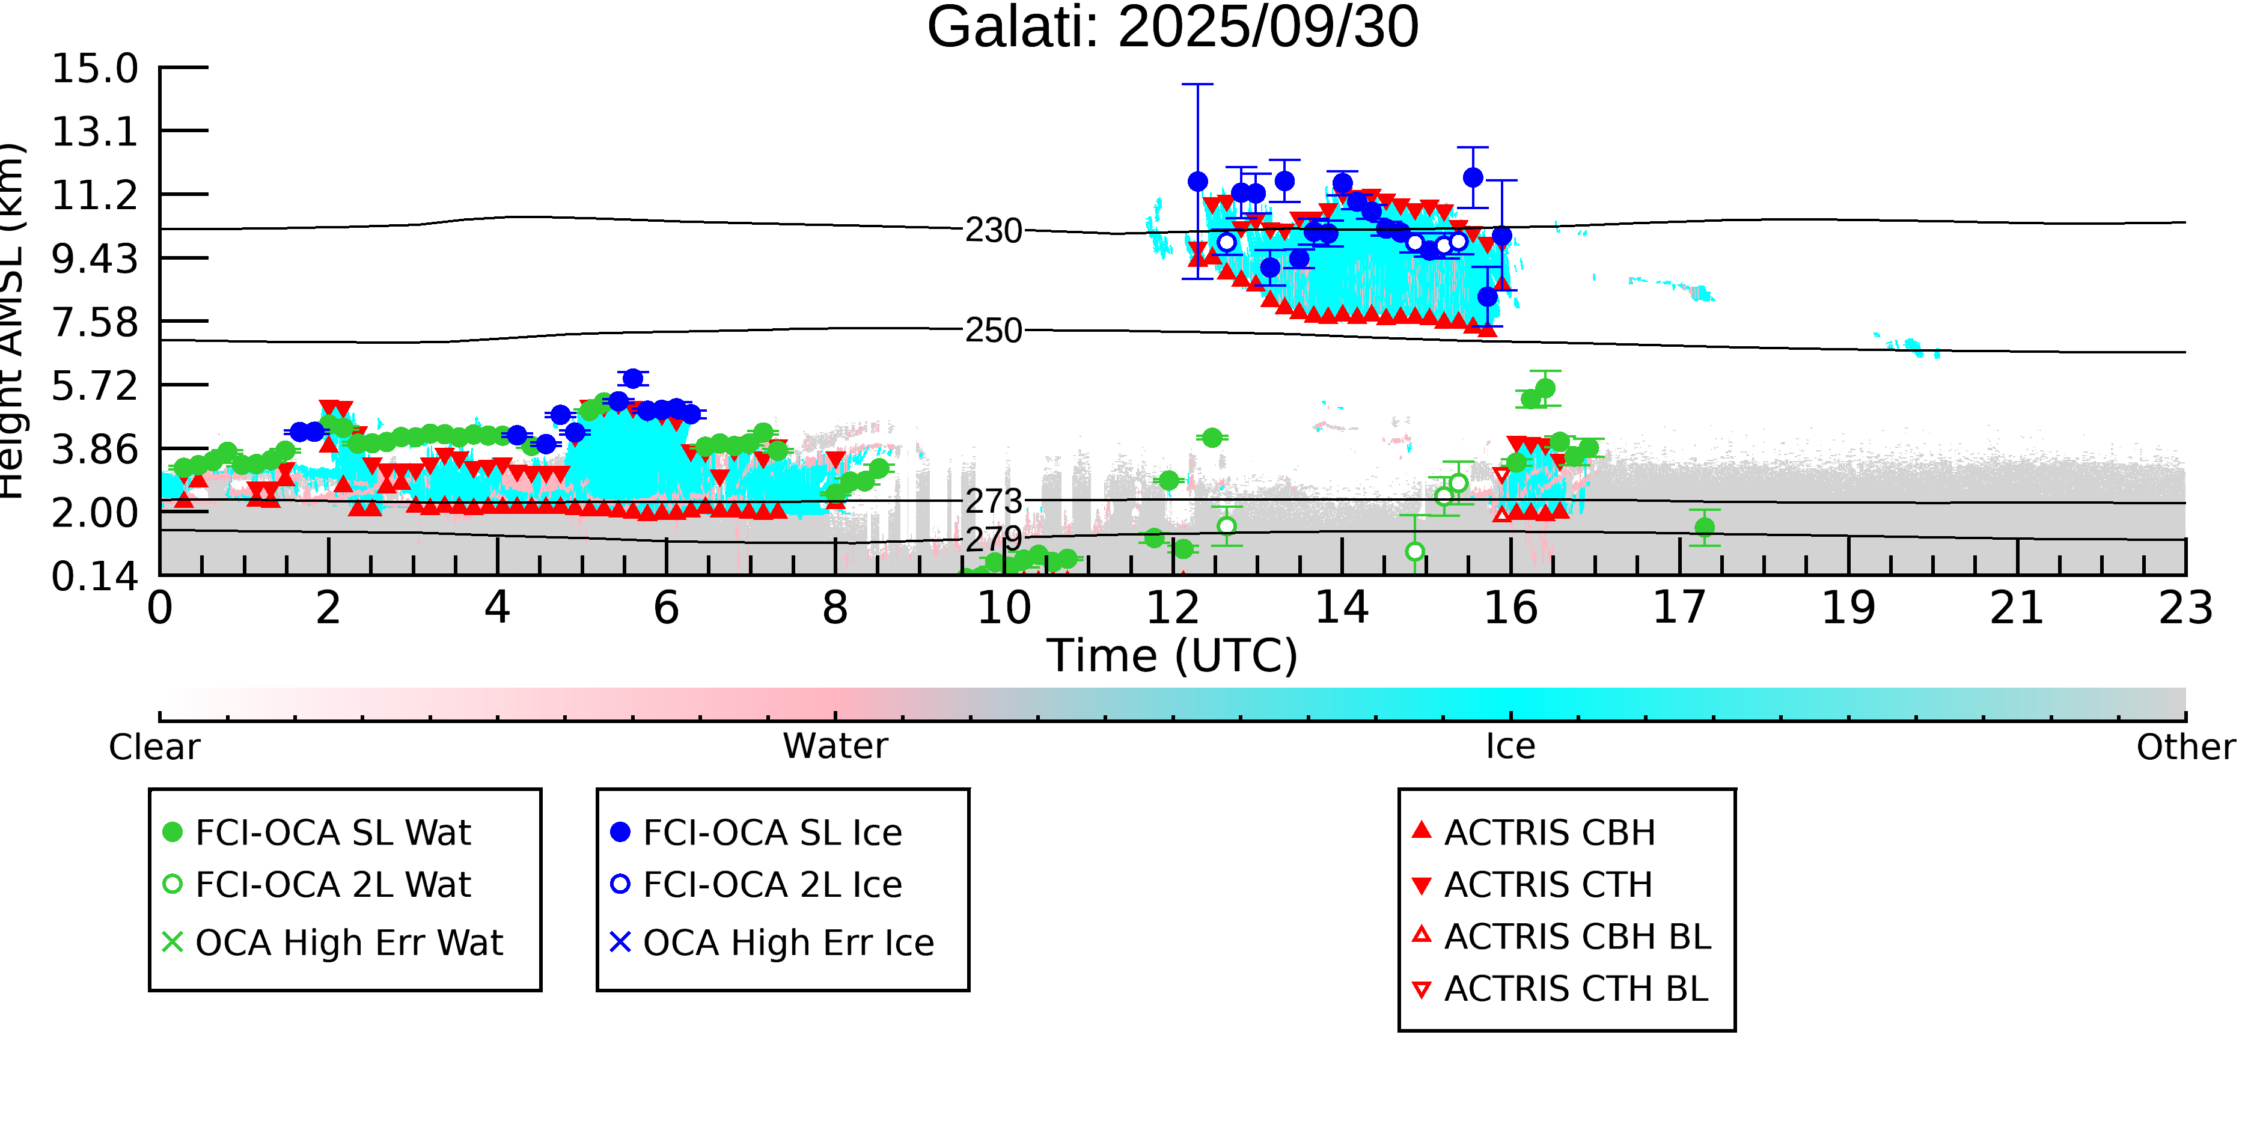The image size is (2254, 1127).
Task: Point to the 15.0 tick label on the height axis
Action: [x=94, y=69]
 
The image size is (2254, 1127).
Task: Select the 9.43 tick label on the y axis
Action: [x=94, y=259]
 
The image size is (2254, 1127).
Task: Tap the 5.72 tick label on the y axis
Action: [x=94, y=386]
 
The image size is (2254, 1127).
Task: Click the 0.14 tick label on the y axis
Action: [x=94, y=576]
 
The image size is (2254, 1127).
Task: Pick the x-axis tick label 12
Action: [x=1173, y=608]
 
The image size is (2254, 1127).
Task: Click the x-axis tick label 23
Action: [x=2185, y=608]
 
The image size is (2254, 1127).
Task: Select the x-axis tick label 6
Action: [x=666, y=608]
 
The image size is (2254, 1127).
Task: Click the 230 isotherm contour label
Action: [x=993, y=231]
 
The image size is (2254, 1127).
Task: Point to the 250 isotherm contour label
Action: [x=993, y=331]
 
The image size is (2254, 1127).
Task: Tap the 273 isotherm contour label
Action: [x=993, y=501]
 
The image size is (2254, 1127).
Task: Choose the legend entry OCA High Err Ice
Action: [x=787, y=943]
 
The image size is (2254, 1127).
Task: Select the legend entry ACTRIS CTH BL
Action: [x=1575, y=989]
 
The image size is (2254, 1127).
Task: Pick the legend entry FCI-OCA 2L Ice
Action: [x=772, y=885]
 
